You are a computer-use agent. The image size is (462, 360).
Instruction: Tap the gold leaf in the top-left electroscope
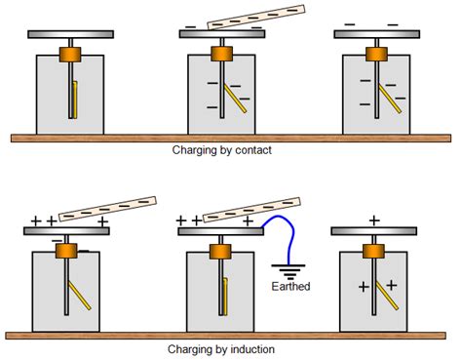click(x=75, y=99)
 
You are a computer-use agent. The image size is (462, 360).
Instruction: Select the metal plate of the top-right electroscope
click(x=375, y=34)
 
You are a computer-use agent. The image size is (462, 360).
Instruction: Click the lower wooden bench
click(x=231, y=335)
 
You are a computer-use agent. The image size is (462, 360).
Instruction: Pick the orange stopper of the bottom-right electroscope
click(x=375, y=251)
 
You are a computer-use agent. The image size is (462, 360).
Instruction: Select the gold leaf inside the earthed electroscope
click(x=227, y=297)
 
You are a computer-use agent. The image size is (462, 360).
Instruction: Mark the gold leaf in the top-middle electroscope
click(x=230, y=99)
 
